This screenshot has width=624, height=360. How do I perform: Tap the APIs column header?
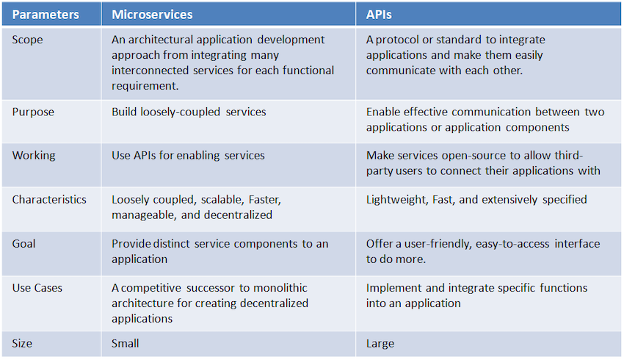point(380,14)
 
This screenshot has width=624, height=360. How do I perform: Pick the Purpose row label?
point(33,112)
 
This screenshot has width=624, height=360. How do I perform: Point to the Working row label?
point(33,156)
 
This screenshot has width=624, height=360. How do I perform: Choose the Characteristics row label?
point(49,200)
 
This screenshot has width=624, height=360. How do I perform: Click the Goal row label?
point(24,243)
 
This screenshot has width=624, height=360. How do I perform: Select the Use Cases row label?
point(37,287)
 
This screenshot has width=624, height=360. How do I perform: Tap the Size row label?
point(22,343)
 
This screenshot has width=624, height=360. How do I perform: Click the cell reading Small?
point(126,343)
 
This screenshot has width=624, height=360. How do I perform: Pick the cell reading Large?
point(380,343)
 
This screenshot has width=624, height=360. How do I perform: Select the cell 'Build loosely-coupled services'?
point(189,112)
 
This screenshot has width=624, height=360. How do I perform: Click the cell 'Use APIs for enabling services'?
point(188,156)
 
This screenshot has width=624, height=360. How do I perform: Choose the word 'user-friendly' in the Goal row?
point(425,243)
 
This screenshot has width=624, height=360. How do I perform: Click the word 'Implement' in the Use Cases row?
point(393,287)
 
